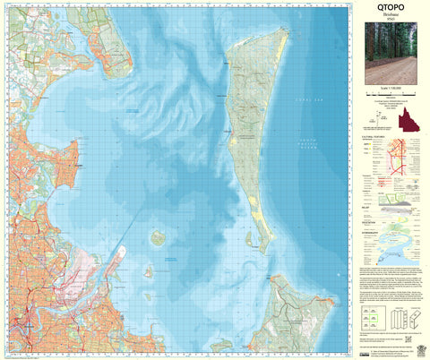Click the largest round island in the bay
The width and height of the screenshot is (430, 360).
click(158, 238)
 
